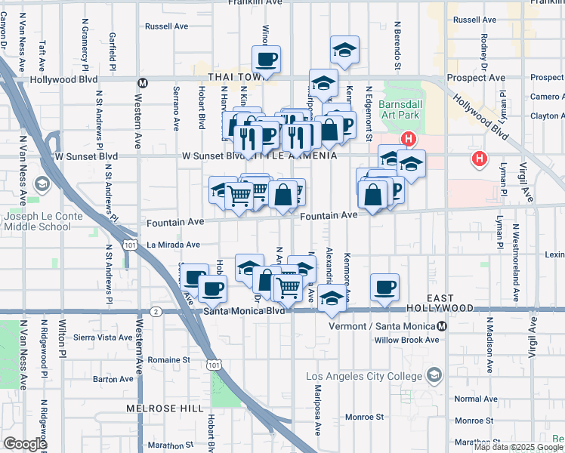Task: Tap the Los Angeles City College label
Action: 366,376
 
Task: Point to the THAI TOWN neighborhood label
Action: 228,77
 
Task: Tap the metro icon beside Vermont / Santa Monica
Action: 442,325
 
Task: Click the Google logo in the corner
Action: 25,444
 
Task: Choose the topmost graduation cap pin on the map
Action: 344,51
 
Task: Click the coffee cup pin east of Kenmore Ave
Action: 384,287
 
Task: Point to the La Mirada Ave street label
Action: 173,245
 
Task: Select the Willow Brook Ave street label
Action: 406,340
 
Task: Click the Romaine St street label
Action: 168,359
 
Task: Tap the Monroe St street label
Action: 364,417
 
